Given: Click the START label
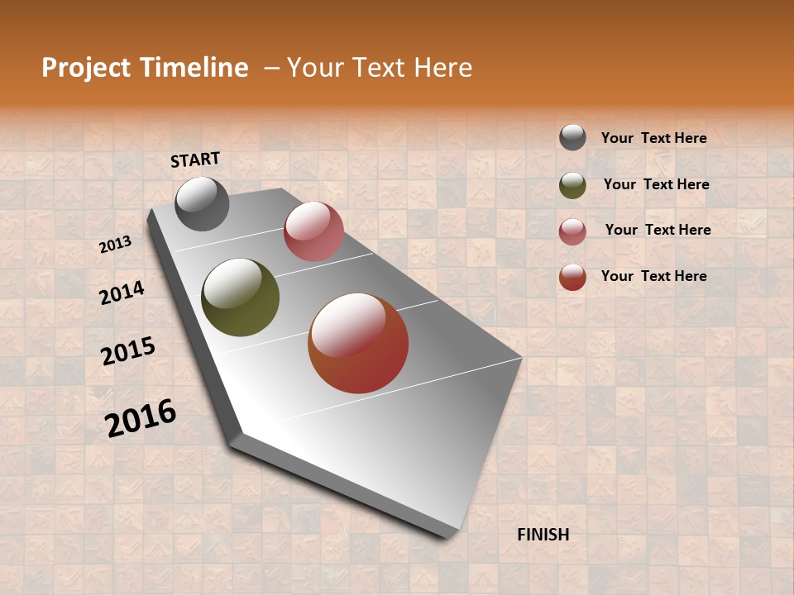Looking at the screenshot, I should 195,159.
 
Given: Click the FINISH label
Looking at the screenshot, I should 543,535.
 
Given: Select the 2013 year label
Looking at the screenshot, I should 116,244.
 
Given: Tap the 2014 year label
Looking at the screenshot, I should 122,292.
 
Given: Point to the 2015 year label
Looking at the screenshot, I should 128,351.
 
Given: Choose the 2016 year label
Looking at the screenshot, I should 141,417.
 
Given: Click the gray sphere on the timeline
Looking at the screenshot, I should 202,203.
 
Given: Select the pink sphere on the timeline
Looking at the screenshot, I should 313,231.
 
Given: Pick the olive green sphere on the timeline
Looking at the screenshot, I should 241,297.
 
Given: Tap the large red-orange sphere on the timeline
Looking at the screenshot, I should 358,343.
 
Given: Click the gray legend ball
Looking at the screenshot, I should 572,137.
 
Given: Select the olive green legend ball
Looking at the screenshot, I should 572,185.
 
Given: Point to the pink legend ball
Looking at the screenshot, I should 572,231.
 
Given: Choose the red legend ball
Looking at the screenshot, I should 572,277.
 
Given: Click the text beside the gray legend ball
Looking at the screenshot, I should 654,138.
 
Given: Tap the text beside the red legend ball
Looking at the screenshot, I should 654,276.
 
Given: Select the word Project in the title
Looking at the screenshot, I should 85,68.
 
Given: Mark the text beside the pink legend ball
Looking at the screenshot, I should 658,230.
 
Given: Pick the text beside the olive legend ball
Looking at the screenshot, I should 657,184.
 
